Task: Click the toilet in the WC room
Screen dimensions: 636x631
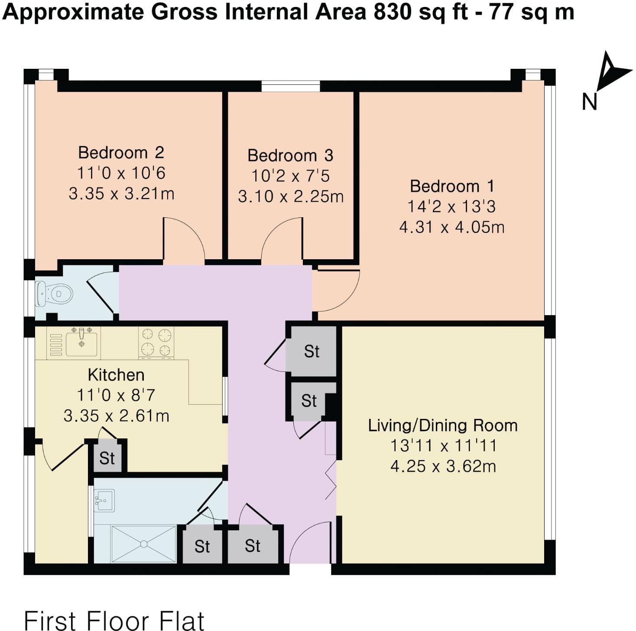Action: tap(55, 293)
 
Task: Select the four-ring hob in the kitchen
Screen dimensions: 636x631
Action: tap(156, 343)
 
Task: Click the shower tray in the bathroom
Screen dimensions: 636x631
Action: tap(143, 544)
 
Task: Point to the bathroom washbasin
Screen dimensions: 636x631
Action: tap(104, 501)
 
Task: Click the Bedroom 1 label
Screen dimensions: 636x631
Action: tap(452, 187)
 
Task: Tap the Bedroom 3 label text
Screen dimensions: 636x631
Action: tap(290, 155)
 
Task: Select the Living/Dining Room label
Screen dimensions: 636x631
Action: tap(443, 425)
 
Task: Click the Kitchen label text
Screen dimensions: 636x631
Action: tap(116, 375)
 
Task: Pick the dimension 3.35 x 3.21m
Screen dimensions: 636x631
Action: tap(121, 193)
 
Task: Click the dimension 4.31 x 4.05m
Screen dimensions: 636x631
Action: tap(452, 228)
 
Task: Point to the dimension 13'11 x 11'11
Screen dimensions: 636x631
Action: tap(443, 446)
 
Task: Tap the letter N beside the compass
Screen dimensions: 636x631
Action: tap(590, 102)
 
